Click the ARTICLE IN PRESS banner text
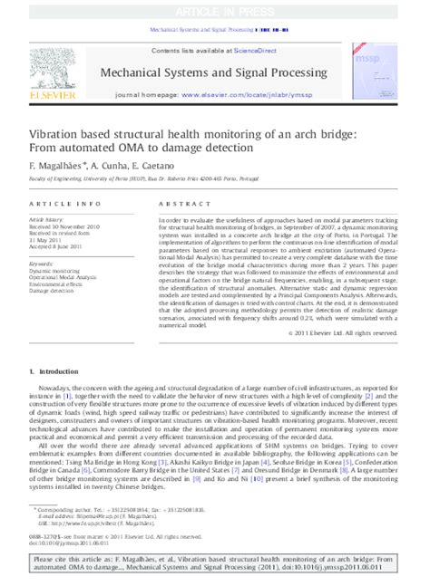pyautogui.click(x=215, y=10)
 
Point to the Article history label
pyautogui.click(x=46, y=219)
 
